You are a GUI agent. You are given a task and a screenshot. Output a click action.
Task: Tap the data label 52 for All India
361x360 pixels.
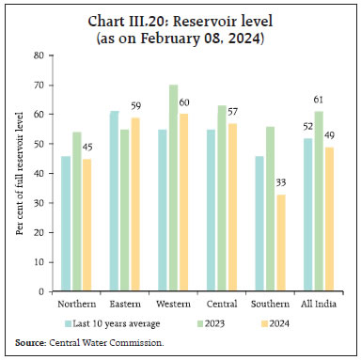tap(306, 128)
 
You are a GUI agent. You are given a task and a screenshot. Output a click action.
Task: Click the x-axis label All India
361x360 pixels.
tap(322, 304)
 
